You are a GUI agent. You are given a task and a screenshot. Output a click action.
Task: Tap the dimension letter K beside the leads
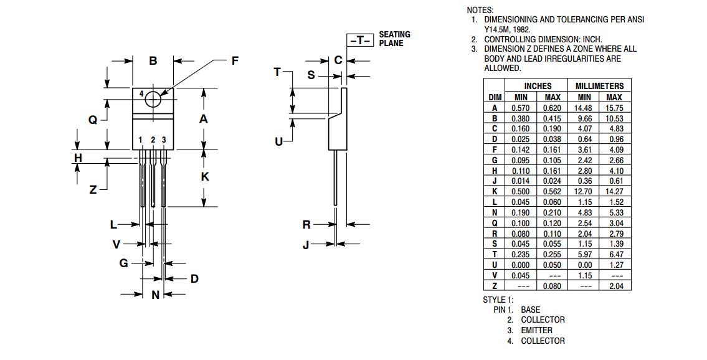(x=204, y=176)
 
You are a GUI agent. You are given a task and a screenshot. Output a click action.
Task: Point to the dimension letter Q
(x=93, y=120)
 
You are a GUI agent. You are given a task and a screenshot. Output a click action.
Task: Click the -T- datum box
(x=360, y=40)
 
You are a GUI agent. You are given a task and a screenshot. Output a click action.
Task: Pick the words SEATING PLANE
(x=394, y=39)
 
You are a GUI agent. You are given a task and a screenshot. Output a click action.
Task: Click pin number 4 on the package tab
(x=141, y=94)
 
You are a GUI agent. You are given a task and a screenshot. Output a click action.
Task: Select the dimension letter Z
(x=93, y=190)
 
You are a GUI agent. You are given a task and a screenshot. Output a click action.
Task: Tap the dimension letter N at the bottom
(x=156, y=295)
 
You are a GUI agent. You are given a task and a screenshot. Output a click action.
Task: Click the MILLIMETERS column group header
(x=599, y=86)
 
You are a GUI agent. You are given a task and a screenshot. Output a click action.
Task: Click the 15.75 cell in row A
(x=614, y=108)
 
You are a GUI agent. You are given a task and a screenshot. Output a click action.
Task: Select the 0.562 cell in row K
(x=552, y=192)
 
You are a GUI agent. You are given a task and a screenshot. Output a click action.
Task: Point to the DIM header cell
(x=495, y=97)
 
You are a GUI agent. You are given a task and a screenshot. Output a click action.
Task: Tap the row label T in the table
(x=495, y=254)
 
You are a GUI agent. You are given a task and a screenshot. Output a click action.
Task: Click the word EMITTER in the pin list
(x=536, y=330)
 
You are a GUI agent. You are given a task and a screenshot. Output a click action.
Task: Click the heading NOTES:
(x=480, y=10)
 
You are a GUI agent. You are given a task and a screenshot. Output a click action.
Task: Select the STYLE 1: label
(x=498, y=300)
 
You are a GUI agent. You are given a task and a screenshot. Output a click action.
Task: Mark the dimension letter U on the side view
(x=278, y=141)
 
